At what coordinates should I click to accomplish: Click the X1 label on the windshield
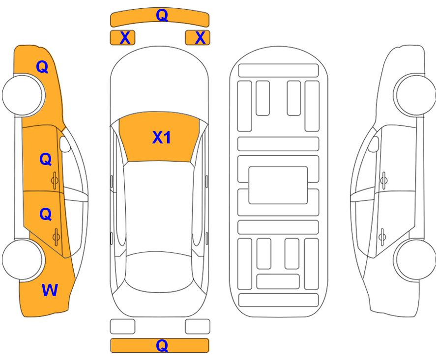point(161,138)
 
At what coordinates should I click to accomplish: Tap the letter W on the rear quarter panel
point(50,290)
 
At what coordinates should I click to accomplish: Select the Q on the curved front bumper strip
point(162,15)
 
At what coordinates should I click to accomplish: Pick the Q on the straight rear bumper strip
point(162,346)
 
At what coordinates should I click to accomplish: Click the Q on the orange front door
point(46,159)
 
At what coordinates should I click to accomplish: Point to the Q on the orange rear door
point(46,214)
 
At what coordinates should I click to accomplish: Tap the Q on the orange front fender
point(42,67)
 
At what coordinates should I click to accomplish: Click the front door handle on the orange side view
point(55,180)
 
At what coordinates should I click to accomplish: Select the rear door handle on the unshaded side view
point(382,237)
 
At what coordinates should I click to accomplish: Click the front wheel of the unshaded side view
point(415,95)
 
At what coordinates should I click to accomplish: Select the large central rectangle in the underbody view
point(278,185)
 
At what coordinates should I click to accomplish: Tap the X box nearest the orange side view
point(122,38)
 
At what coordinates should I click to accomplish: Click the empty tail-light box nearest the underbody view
point(198,326)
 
